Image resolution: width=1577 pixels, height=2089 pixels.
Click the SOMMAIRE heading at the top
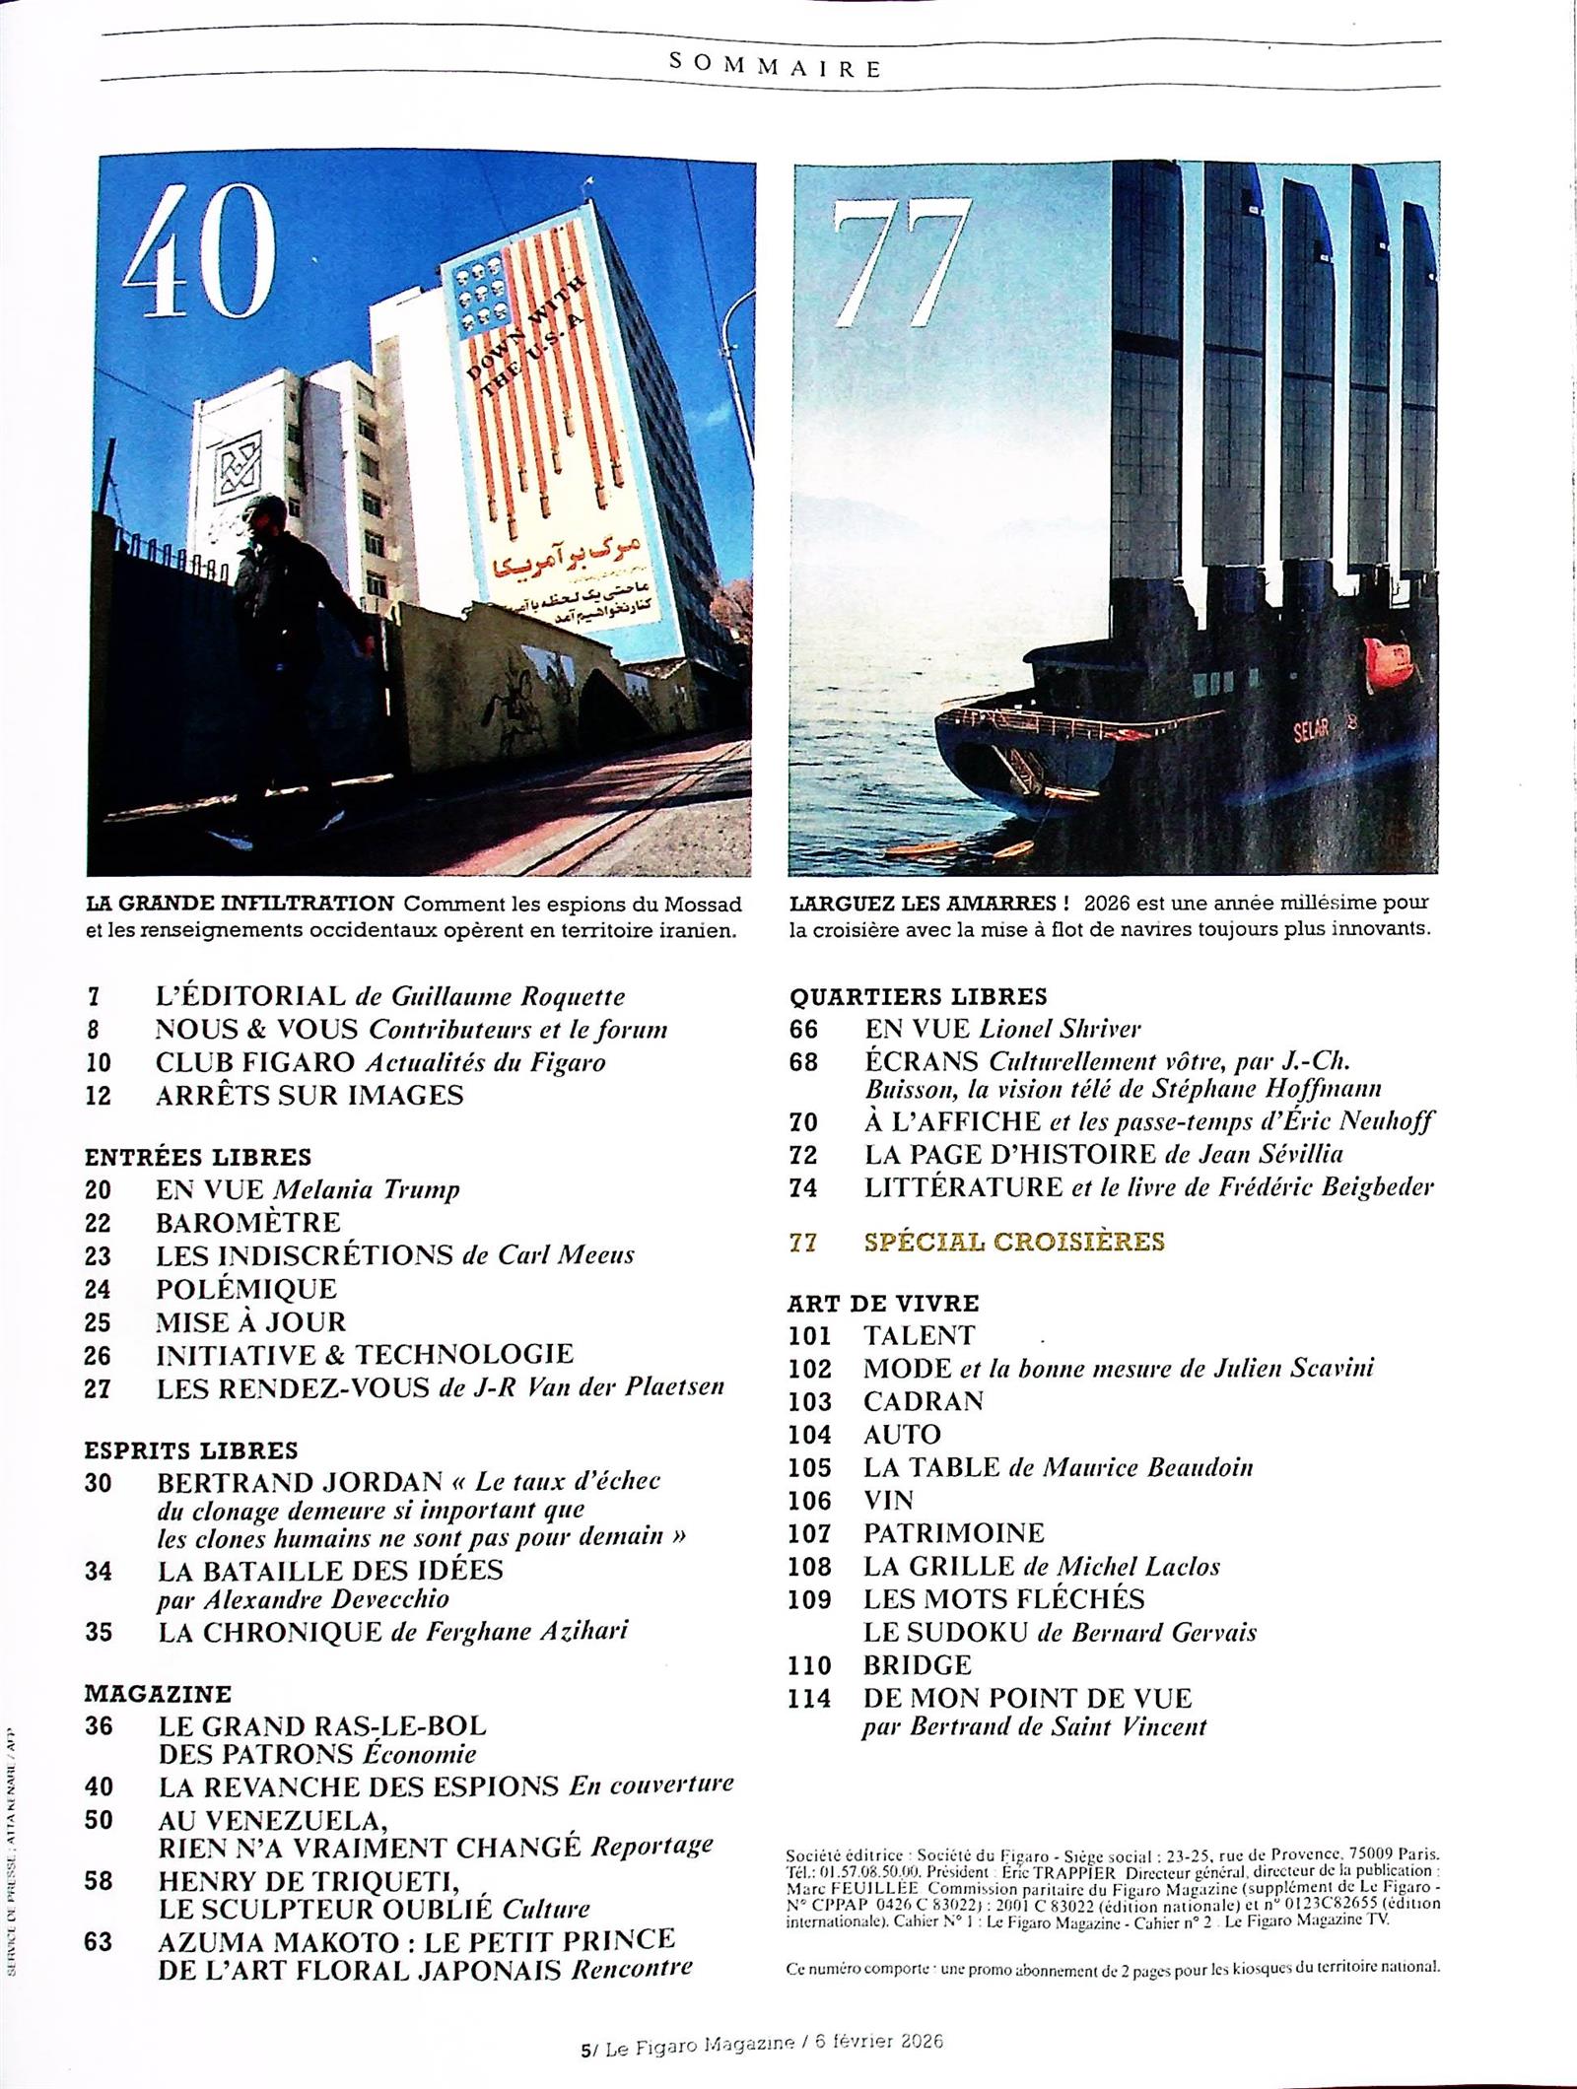pos(774,66)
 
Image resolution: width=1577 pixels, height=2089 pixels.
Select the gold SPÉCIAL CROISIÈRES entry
pos(1014,1241)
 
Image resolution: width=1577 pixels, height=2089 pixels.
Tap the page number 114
pos(809,1699)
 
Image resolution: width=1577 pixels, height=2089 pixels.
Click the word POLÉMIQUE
pos(246,1289)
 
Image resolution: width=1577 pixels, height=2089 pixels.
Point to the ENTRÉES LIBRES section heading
pos(198,1156)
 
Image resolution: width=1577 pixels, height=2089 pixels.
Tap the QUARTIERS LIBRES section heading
pos(918,996)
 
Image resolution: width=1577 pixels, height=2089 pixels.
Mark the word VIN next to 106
pos(888,1500)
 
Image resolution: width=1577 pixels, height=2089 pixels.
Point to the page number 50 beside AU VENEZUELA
pos(100,1820)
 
